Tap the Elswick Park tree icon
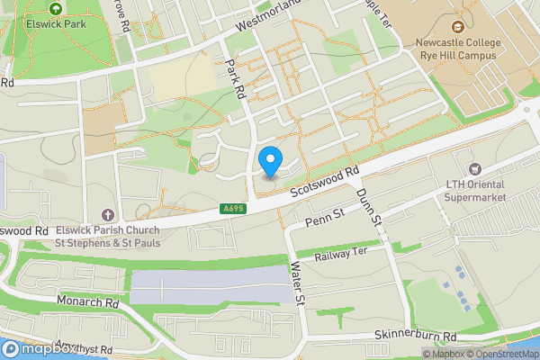pyautogui.click(x=57, y=9)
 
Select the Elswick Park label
pyautogui.click(x=57, y=25)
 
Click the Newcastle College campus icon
pyautogui.click(x=458, y=28)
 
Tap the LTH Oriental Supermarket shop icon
pyautogui.click(x=474, y=169)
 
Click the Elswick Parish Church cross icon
pyautogui.click(x=108, y=214)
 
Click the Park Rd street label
pyautogui.click(x=238, y=79)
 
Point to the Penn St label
pyautogui.click(x=326, y=219)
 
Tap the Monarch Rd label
pyautogui.click(x=87, y=302)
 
